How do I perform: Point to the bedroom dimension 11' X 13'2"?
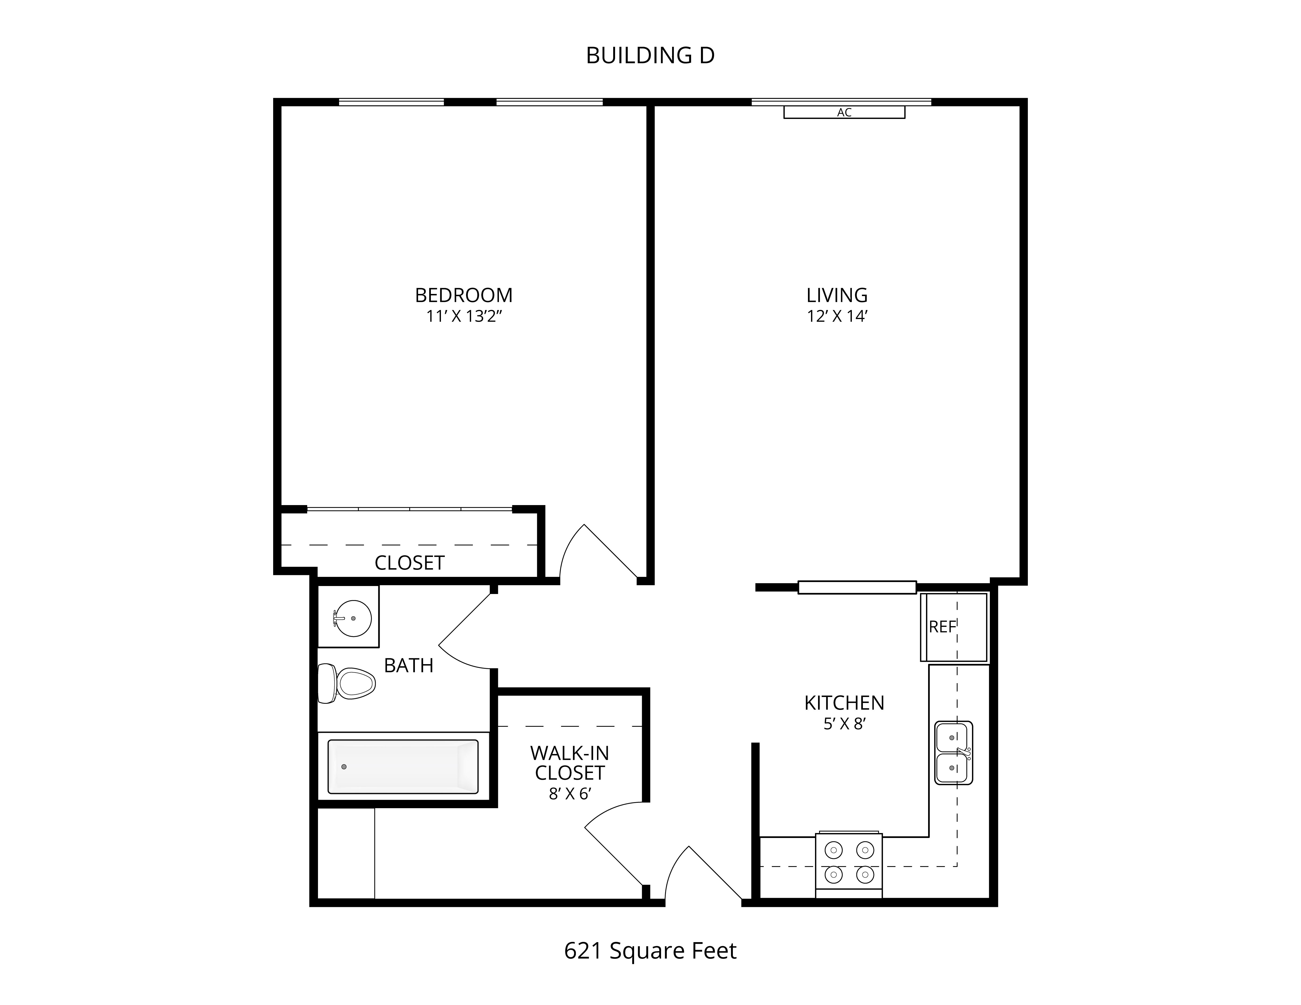(x=464, y=316)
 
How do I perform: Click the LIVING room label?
(x=837, y=295)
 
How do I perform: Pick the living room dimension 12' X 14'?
(x=837, y=316)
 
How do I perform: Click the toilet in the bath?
(x=346, y=683)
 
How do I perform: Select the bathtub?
(x=403, y=767)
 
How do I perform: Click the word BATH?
(x=409, y=666)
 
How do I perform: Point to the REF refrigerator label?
(x=942, y=627)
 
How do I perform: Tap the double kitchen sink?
(x=954, y=753)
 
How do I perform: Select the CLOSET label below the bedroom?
(x=409, y=563)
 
